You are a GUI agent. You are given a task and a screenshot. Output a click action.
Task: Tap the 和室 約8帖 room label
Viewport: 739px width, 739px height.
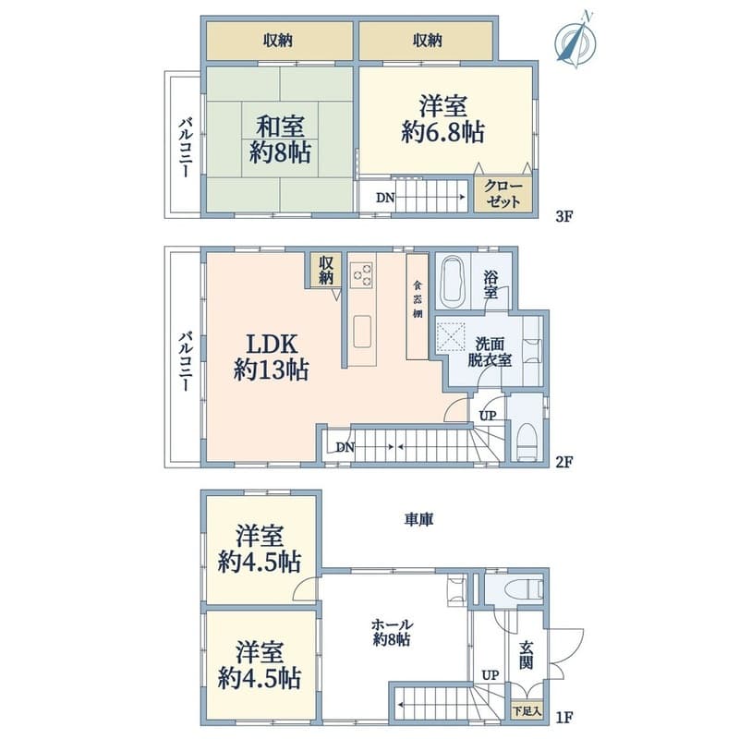point(280,139)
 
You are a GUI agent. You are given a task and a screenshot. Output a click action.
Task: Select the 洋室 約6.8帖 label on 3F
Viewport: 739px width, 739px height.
point(443,119)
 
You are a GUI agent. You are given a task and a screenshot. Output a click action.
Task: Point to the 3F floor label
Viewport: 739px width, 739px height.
point(563,217)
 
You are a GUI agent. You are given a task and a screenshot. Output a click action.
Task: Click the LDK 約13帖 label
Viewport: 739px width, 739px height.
point(272,357)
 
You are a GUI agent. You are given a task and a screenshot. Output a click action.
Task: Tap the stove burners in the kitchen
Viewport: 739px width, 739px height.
point(362,274)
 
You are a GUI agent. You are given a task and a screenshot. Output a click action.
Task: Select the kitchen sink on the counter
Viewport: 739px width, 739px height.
point(362,332)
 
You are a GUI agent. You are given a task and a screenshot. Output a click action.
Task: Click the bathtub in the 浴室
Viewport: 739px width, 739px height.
point(453,282)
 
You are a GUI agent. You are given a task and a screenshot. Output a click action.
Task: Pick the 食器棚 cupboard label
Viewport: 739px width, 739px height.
point(418,299)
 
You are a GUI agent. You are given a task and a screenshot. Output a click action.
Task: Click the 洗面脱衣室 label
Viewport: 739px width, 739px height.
point(490,352)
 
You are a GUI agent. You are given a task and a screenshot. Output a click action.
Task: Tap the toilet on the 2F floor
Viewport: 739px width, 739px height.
point(527,442)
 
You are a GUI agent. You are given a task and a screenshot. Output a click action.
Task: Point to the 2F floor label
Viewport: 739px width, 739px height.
point(563,461)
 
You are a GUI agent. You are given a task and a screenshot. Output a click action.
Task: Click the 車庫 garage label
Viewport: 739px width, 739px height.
point(418,519)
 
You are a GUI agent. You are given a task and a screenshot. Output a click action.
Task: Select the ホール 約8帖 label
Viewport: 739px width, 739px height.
point(392,632)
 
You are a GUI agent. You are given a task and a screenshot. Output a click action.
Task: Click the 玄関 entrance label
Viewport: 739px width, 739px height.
point(527,655)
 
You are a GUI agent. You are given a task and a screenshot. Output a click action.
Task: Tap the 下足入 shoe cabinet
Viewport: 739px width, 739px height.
point(527,710)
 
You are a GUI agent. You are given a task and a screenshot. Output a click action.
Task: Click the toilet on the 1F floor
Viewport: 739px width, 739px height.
point(523,588)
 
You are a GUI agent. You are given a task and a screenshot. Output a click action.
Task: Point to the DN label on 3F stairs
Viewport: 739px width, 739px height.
point(385,198)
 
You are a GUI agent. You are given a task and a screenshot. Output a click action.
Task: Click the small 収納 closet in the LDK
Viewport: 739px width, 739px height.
point(326,271)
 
